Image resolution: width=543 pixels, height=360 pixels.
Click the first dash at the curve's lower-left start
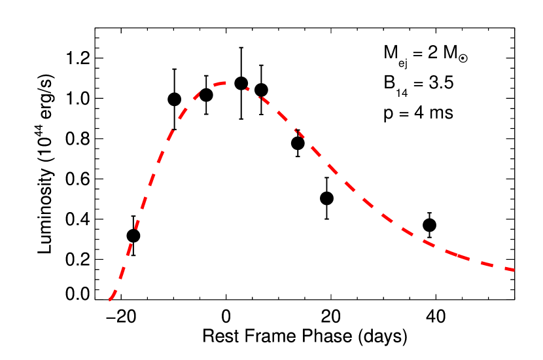pyautogui.click(x=113, y=296)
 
